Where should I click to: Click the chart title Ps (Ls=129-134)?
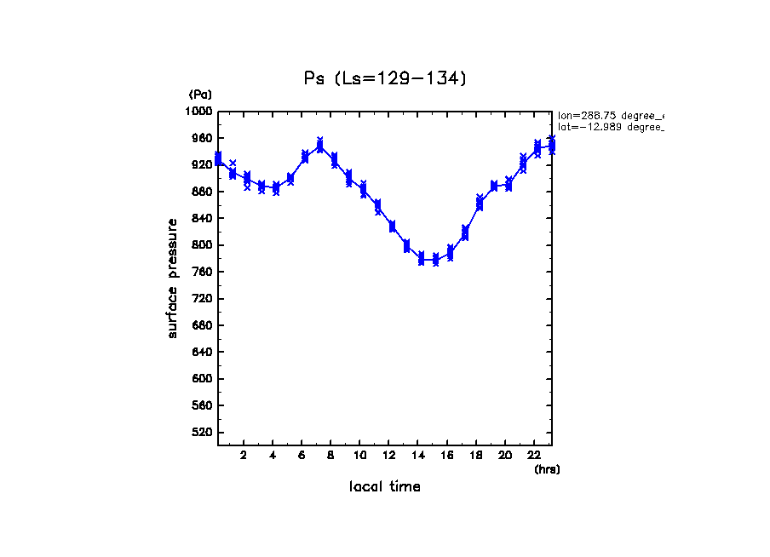click(386, 78)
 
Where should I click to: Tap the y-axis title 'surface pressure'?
click(173, 278)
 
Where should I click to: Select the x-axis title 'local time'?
click(385, 487)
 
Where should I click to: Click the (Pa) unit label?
click(200, 95)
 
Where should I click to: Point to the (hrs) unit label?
click(547, 469)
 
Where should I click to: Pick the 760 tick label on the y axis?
click(202, 273)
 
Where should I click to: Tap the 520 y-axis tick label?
click(202, 433)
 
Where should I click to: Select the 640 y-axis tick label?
click(202, 353)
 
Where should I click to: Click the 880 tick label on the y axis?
click(202, 192)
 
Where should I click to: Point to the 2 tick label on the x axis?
click(244, 455)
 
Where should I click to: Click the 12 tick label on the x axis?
click(388, 455)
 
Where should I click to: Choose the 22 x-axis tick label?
click(533, 455)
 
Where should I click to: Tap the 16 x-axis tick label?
click(446, 455)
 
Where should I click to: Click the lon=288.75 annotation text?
click(610, 115)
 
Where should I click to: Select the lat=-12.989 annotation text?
click(610, 127)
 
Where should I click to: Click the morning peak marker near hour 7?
click(319, 146)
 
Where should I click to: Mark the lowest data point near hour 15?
click(435, 260)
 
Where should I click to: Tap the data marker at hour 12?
click(392, 226)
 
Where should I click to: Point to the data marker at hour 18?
click(479, 204)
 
